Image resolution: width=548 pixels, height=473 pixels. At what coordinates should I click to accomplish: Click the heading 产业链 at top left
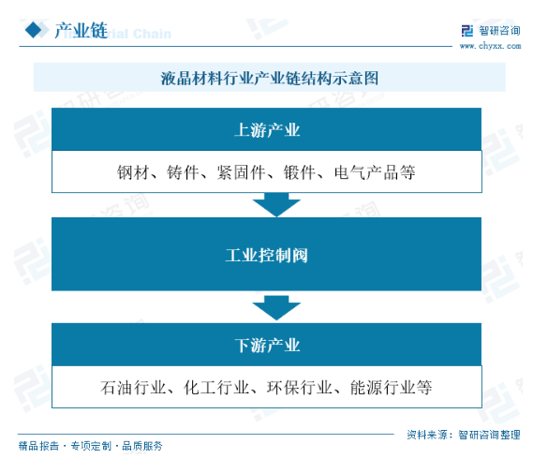pyautogui.click(x=81, y=30)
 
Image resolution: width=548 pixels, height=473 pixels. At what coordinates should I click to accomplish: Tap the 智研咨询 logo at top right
pyautogui.click(x=491, y=31)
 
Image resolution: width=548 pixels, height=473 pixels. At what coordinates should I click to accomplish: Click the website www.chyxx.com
pyautogui.click(x=490, y=46)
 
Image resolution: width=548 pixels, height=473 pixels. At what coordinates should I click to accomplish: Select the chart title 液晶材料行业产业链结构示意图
pyautogui.click(x=270, y=78)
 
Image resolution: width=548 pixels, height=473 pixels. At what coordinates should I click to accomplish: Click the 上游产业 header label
pyautogui.click(x=267, y=130)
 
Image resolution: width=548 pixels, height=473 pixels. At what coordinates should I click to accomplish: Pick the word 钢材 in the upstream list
pyautogui.click(x=133, y=172)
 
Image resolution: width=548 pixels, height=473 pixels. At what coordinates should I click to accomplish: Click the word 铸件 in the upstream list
pyautogui.click(x=183, y=172)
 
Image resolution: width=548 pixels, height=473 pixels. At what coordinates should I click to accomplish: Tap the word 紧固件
pyautogui.click(x=241, y=172)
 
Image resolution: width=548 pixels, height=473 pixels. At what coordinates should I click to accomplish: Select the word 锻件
pyautogui.click(x=300, y=172)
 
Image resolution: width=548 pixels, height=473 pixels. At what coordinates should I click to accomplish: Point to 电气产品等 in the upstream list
pyautogui.click(x=375, y=172)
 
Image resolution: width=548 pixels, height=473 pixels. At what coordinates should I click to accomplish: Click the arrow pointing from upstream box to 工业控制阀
pyautogui.click(x=276, y=204)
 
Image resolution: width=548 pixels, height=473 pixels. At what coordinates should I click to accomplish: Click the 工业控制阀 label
pyautogui.click(x=267, y=256)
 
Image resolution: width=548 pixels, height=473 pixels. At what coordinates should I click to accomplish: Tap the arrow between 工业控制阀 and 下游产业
pyautogui.click(x=276, y=308)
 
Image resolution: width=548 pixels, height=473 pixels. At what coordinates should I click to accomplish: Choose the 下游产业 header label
pyautogui.click(x=267, y=345)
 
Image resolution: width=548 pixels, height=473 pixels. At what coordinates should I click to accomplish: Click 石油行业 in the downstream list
pyautogui.click(x=133, y=388)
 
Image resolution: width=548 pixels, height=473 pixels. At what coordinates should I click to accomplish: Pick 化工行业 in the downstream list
pyautogui.click(x=216, y=388)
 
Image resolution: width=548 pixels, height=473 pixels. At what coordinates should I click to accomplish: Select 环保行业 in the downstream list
pyautogui.click(x=300, y=388)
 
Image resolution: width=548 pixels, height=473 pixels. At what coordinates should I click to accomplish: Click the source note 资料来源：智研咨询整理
pyautogui.click(x=464, y=435)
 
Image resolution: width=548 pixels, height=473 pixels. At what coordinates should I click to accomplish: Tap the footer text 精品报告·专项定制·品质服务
pyautogui.click(x=91, y=446)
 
